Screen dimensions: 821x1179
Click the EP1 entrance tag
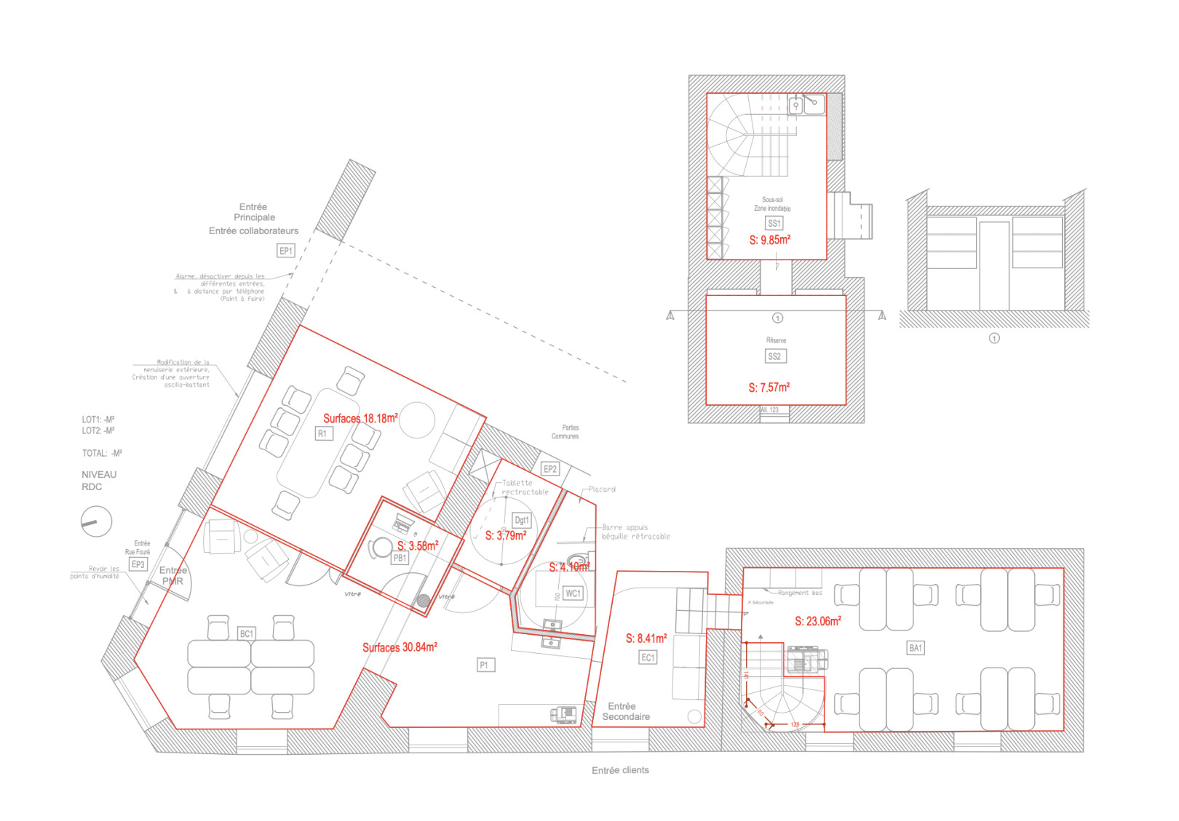pos(286,251)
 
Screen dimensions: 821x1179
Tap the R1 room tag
pos(323,433)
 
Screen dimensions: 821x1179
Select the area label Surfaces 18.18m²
pos(360,418)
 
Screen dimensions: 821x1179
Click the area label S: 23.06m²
pos(818,621)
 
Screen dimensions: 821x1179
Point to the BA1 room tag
pos(915,648)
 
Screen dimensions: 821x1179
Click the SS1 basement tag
pos(774,223)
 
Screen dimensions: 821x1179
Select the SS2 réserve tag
pos(774,356)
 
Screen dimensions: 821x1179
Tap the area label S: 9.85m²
pos(769,240)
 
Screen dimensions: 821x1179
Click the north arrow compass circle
pos(96,521)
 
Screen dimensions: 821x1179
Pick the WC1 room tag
pos(573,593)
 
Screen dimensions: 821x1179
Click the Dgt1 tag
pos(522,520)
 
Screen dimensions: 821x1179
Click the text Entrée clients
pos(620,770)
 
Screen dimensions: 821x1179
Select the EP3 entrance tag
pos(138,564)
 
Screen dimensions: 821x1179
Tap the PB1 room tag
pos(400,558)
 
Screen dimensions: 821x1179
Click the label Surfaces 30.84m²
pos(400,647)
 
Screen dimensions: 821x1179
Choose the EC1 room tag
pos(648,657)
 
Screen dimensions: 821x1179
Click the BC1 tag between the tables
pos(247,634)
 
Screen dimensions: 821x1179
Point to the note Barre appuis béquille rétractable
pos(635,532)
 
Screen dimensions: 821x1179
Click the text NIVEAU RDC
pos(98,481)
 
